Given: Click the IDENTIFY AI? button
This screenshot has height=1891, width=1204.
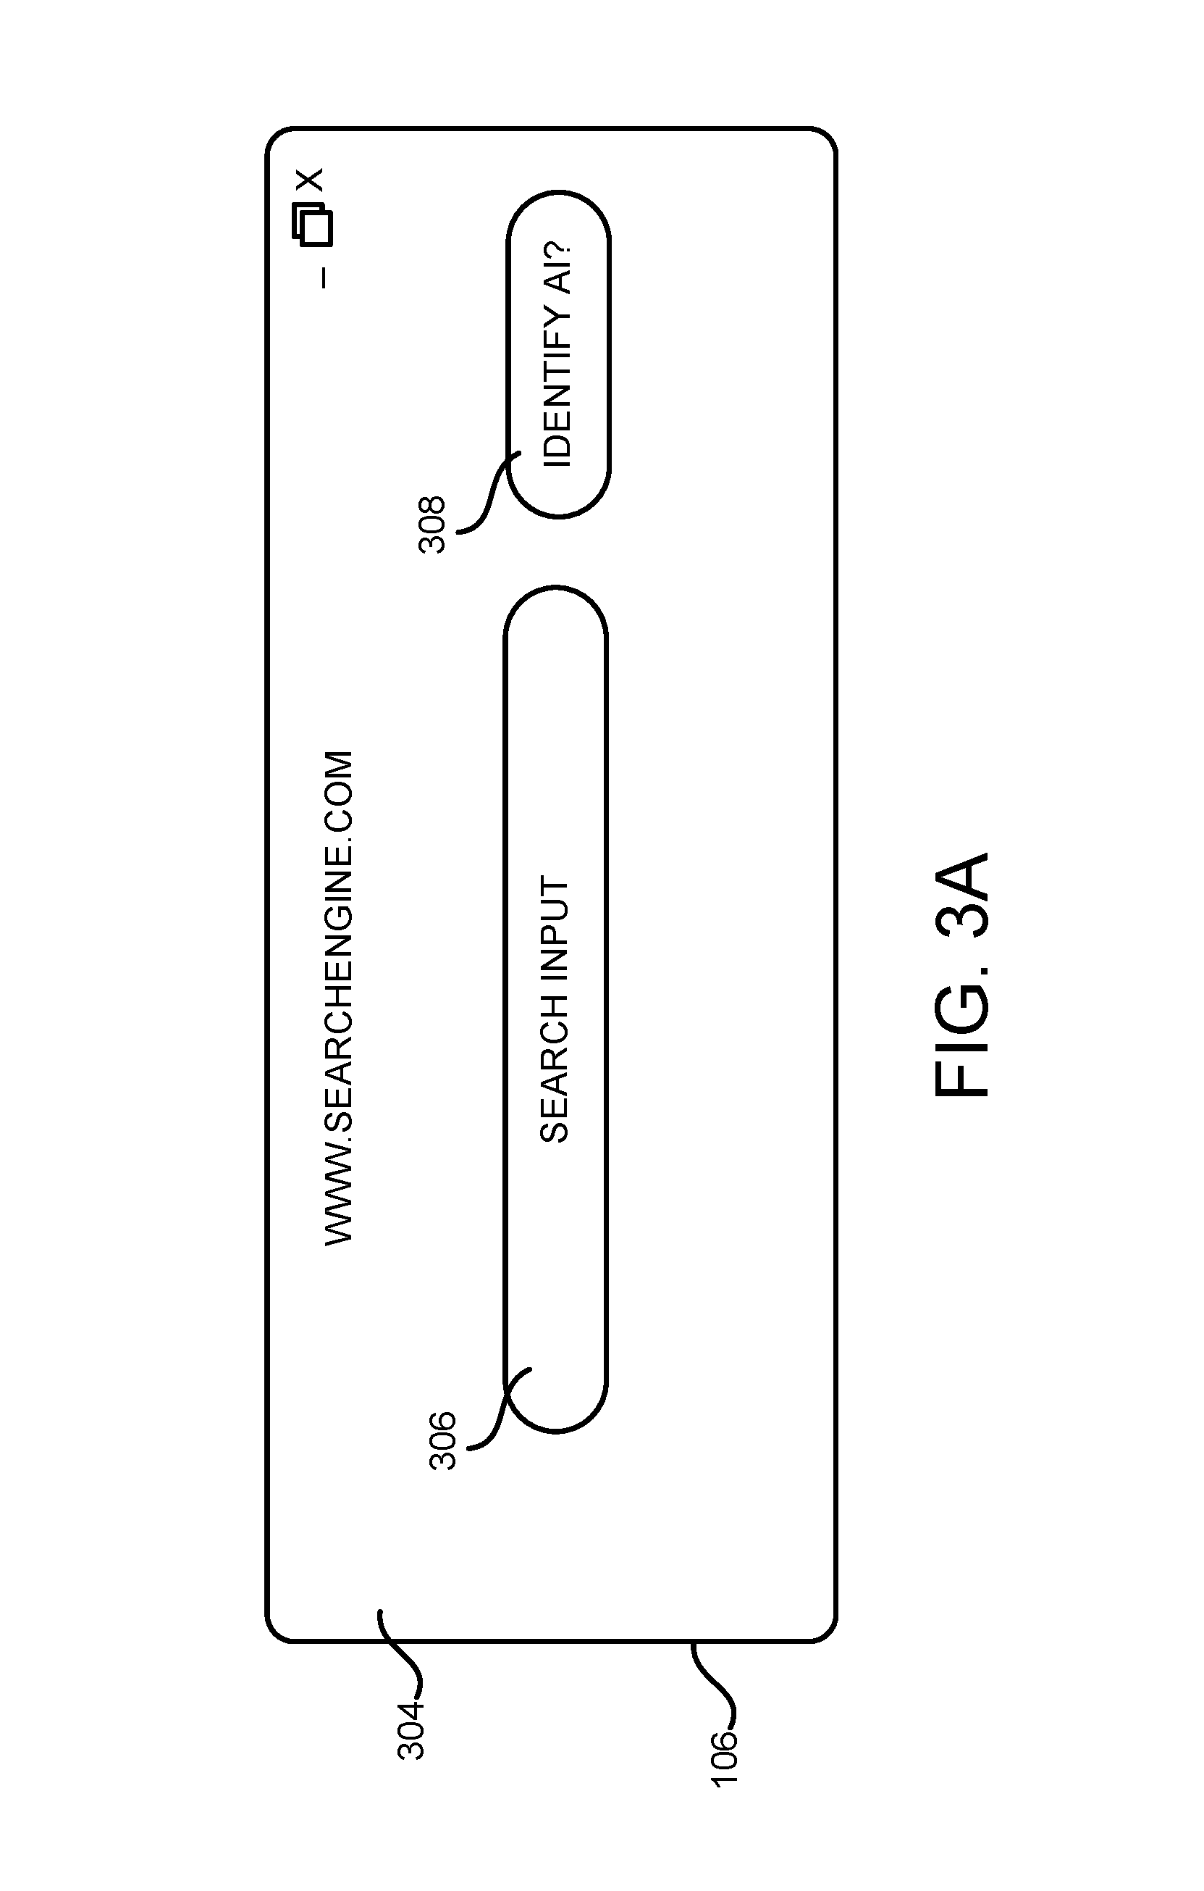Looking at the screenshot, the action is pos(558,354).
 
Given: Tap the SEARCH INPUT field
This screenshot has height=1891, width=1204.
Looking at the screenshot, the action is pos(555,1009).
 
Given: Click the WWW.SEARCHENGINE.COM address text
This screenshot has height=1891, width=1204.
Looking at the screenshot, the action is pos(339,998).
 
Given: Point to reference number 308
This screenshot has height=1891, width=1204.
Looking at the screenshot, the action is pos(432,525).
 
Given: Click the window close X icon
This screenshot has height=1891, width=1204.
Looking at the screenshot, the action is pos(311,180).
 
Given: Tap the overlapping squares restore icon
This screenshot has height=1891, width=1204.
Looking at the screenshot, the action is pos(312,225).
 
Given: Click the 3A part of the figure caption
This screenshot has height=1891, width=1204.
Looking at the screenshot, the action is pos(962,896).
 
